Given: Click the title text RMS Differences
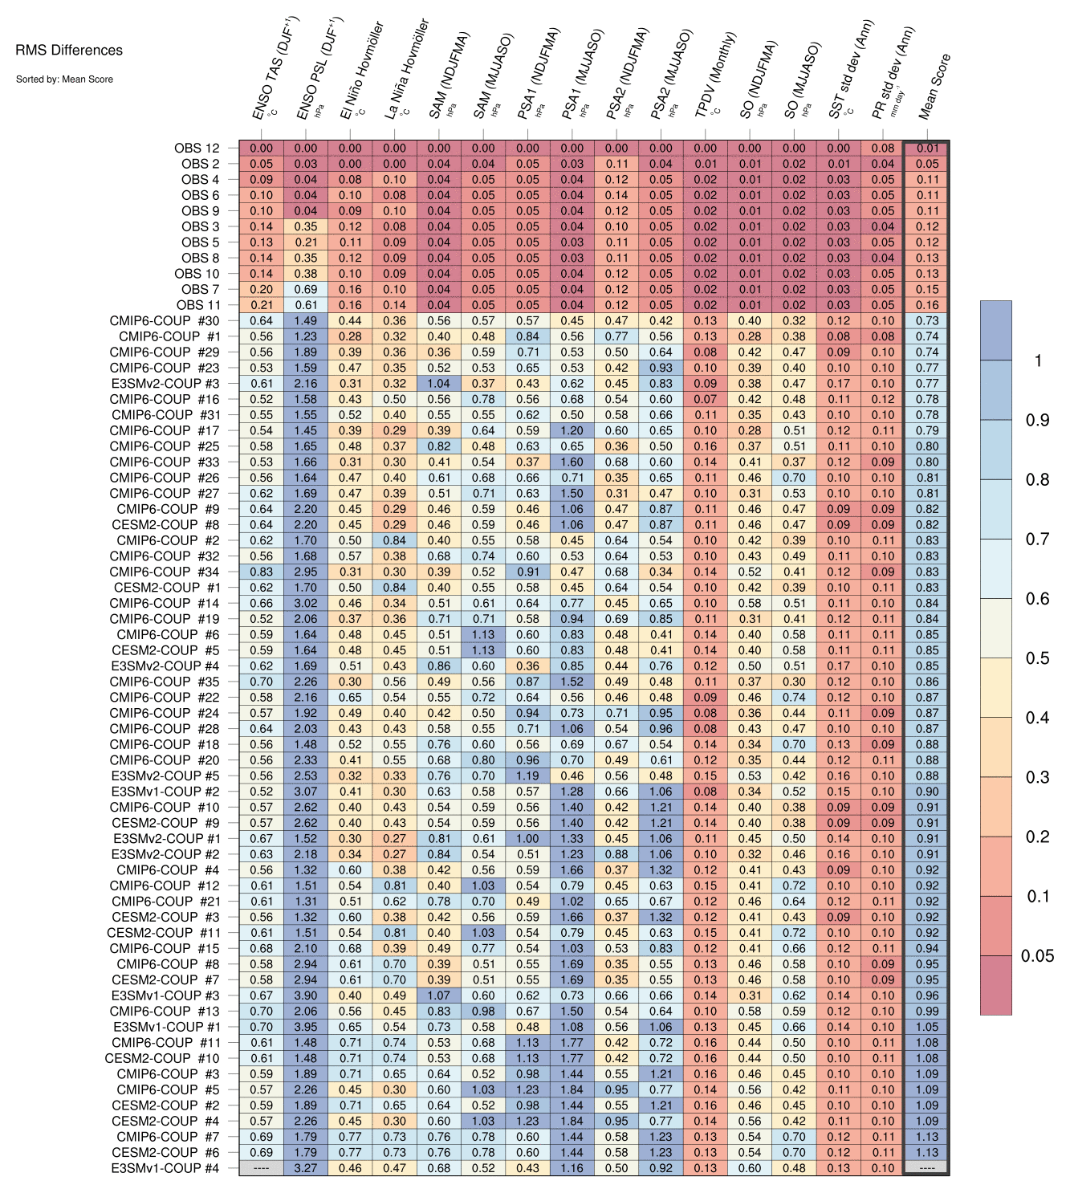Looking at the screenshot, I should coord(69,51).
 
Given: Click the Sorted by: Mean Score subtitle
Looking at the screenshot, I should coord(64,79).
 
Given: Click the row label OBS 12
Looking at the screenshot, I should coord(197,148).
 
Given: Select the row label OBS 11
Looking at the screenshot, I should coord(198,305).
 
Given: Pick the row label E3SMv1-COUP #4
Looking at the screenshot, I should coord(165,1168).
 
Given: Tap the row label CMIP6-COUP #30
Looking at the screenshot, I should coord(165,321).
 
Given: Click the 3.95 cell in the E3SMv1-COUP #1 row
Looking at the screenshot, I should coord(305,1027).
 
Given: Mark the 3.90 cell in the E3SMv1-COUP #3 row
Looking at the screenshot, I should coord(305,996).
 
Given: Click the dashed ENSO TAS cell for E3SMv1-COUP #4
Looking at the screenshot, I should coord(261,1168).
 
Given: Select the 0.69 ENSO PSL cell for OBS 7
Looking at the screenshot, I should coord(305,289).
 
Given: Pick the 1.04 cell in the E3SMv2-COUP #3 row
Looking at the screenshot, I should coord(439,384).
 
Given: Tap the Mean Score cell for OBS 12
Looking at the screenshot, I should coord(927,149).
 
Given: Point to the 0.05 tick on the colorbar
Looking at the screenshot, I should coord(1037,955).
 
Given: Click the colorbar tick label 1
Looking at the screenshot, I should coord(1037,360).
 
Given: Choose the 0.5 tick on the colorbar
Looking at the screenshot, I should coord(1037,658).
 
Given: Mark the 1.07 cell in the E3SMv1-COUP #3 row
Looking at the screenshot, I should coord(439,996).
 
